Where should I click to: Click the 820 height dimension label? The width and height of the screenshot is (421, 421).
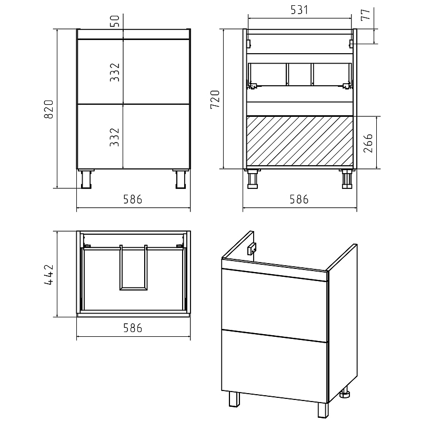pyautogui.click(x=48, y=109)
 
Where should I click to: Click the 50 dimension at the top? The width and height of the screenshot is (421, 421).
pyautogui.click(x=115, y=21)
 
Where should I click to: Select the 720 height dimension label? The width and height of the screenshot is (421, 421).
pyautogui.click(x=215, y=99)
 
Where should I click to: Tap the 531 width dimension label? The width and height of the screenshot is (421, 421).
pyautogui.click(x=299, y=10)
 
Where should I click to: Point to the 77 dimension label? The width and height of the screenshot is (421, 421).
pyautogui.click(x=366, y=14)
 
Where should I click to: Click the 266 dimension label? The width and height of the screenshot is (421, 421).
pyautogui.click(x=368, y=143)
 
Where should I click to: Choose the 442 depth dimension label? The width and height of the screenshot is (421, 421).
pyautogui.click(x=48, y=274)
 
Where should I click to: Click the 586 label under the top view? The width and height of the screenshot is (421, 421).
pyautogui.click(x=133, y=328)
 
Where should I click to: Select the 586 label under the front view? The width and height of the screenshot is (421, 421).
pyautogui.click(x=133, y=199)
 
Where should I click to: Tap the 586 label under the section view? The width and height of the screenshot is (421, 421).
pyautogui.click(x=299, y=199)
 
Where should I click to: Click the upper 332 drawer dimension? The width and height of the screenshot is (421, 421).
pyautogui.click(x=114, y=72)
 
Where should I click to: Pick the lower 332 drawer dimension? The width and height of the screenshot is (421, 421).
pyautogui.click(x=114, y=137)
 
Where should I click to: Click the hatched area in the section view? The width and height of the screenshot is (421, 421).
pyautogui.click(x=299, y=141)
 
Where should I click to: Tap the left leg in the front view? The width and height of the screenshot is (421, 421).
pyautogui.click(x=86, y=179)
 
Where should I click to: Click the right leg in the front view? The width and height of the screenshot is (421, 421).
pyautogui.click(x=181, y=179)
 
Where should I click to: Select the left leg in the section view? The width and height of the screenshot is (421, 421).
pyautogui.click(x=253, y=178)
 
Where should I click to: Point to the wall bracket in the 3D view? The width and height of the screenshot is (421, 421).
pyautogui.click(x=252, y=249)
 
